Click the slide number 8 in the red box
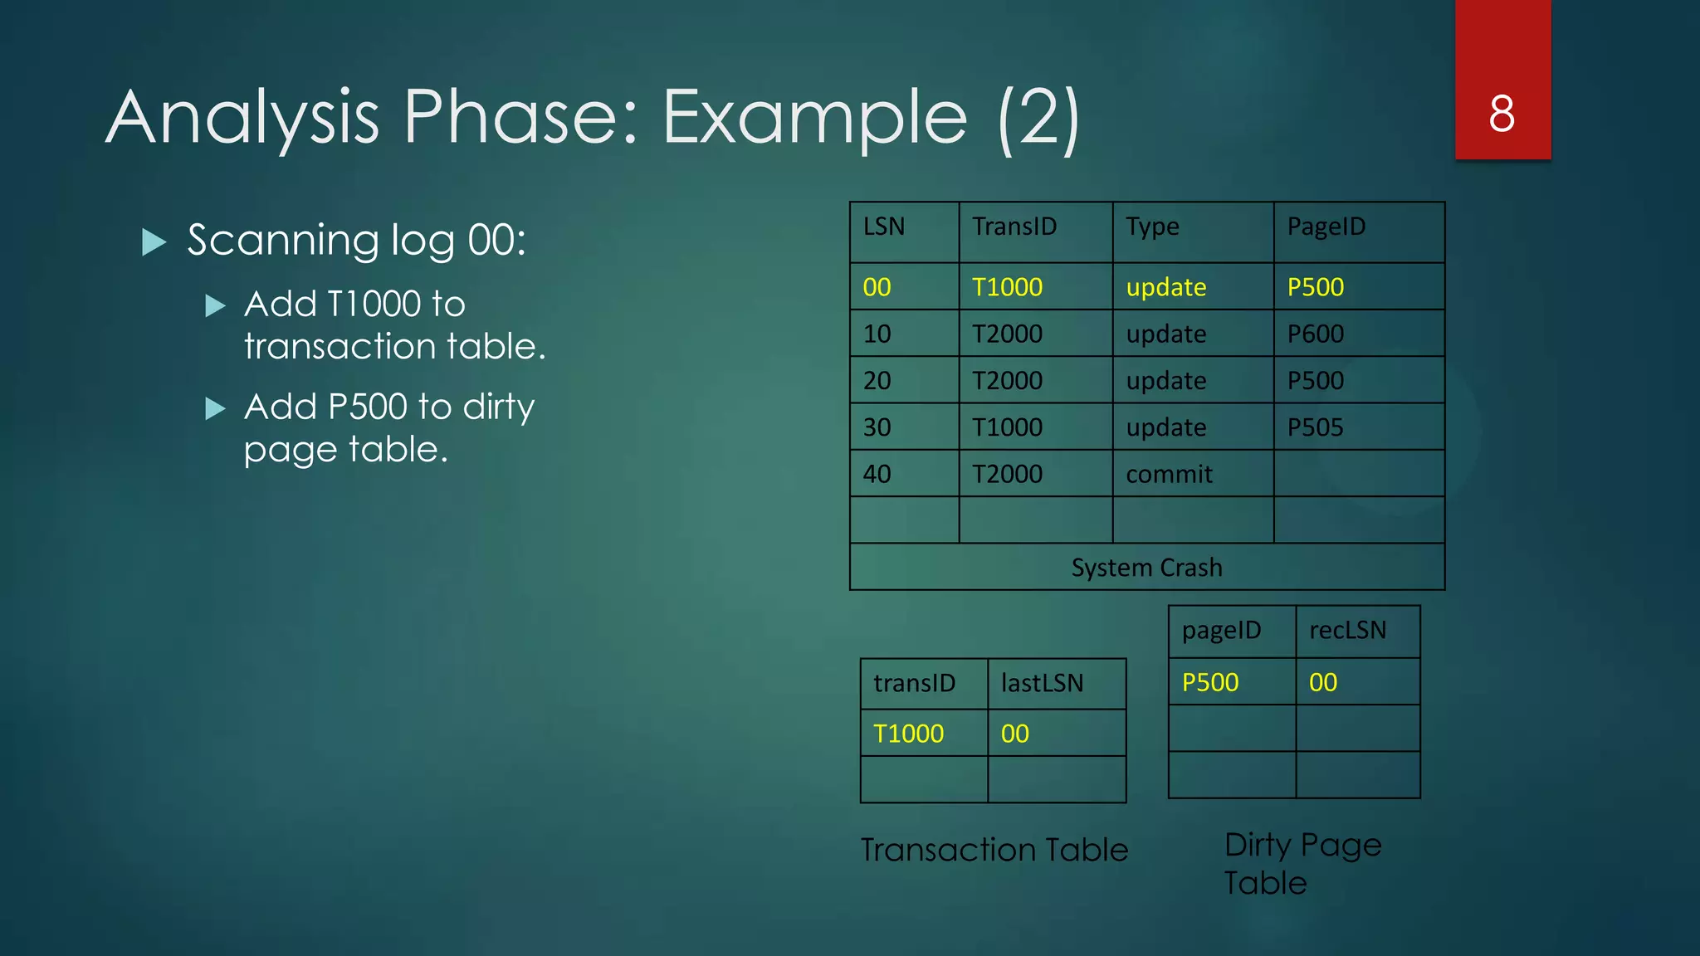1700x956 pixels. (1502, 114)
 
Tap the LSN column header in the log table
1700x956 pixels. (883, 227)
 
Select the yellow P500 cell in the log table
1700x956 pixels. (1315, 287)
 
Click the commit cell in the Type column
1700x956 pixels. (1168, 474)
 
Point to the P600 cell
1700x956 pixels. (1315, 334)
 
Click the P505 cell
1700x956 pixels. (1315, 427)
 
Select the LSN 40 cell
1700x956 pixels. (877, 474)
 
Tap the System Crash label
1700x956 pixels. (1146, 568)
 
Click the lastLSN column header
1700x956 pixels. (1042, 683)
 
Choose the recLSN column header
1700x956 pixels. (1347, 630)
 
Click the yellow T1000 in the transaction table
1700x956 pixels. (908, 734)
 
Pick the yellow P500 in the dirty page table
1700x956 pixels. (1209, 682)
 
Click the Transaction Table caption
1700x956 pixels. (994, 850)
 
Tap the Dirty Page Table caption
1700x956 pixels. (1302, 863)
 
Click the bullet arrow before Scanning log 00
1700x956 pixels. (154, 241)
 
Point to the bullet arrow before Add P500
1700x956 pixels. (215, 408)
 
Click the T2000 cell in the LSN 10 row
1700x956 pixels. (1007, 334)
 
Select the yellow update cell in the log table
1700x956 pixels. (1165, 287)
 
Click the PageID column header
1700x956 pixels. (1326, 227)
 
